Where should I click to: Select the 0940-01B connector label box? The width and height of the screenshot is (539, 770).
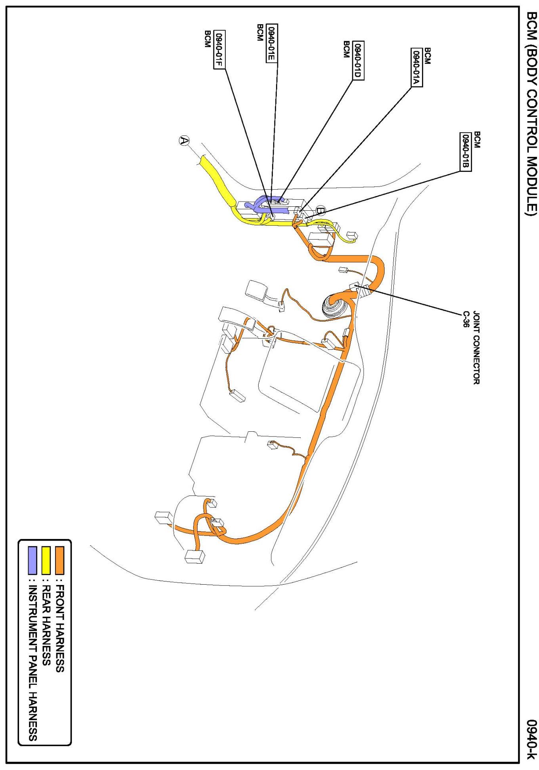465,152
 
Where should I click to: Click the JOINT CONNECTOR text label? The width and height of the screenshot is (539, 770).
476,347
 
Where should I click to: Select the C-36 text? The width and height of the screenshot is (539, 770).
466,319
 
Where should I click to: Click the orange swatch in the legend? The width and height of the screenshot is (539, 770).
59,560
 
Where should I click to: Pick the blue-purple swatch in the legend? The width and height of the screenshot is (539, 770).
33,560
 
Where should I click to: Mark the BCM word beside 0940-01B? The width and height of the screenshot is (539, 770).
477,140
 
